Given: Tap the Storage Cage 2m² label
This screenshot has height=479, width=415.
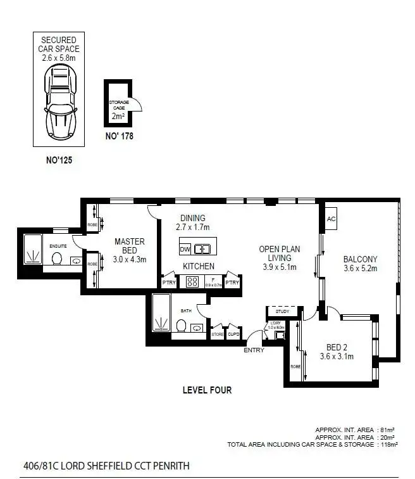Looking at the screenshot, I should (118, 108).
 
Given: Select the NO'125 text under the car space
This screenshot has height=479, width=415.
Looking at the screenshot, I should (60, 161).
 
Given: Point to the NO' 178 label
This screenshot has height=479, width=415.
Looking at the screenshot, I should (118, 136).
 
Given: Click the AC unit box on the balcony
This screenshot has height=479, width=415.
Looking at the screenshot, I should (331, 219).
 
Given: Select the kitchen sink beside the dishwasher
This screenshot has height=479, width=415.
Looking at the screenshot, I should (202, 248).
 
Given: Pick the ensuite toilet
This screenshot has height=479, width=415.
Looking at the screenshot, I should (57, 258).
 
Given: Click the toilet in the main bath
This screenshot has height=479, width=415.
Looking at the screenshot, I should (180, 326).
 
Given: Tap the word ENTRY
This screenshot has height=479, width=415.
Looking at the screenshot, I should (254, 350).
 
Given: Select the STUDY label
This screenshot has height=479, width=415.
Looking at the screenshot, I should (282, 312).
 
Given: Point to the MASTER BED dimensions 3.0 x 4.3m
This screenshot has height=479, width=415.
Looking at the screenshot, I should (130, 259).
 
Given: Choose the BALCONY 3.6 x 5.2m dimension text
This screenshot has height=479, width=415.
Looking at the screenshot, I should (360, 268).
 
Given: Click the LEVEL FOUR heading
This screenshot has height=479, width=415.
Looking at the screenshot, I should (207, 390).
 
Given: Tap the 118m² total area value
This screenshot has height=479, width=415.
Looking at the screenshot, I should (388, 445).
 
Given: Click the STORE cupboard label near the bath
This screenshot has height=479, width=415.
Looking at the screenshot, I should (218, 334).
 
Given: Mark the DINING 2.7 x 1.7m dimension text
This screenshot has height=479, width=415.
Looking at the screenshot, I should (192, 227).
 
